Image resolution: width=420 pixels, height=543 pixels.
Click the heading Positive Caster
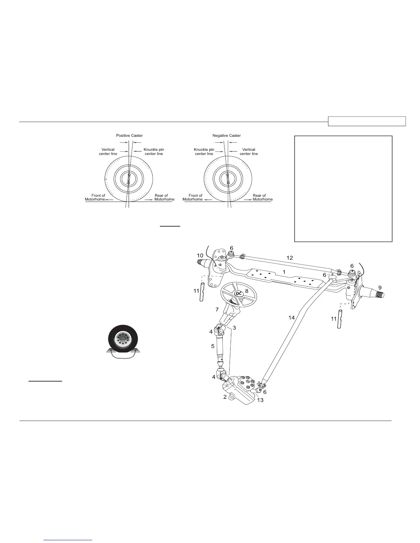point(129,135)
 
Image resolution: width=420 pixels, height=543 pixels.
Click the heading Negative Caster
point(226,135)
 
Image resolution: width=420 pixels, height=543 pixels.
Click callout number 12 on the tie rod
point(290,258)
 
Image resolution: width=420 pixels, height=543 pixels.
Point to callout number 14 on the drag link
point(291,318)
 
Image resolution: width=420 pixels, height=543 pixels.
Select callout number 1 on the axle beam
point(284,271)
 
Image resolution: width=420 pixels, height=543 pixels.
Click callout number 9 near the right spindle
point(379,287)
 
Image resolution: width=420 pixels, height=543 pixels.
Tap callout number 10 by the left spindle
point(200,256)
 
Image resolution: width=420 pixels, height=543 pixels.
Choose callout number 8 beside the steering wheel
point(246,291)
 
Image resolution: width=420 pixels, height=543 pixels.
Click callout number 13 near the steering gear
point(260,400)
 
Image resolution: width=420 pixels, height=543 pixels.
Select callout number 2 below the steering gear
point(225,397)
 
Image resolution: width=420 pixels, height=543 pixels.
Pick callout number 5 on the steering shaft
point(213,346)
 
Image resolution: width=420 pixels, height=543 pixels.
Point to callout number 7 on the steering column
point(217,310)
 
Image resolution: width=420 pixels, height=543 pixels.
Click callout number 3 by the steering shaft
point(234,328)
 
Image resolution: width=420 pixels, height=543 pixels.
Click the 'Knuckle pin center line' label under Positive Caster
point(154,152)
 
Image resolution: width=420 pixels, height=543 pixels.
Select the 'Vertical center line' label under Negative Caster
point(249,152)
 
